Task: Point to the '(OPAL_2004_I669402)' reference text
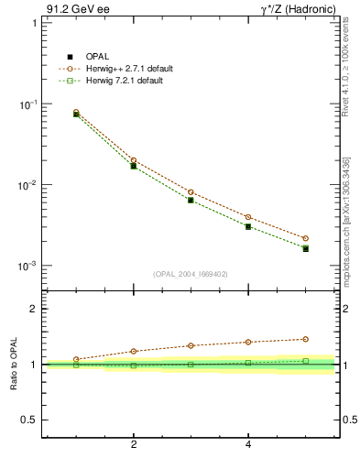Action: tap(191, 273)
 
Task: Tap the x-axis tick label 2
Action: tap(134, 445)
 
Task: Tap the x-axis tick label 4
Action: tap(248, 445)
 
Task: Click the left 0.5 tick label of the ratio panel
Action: tap(28, 420)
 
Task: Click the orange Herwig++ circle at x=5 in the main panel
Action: tap(306, 238)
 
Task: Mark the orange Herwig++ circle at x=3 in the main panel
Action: tap(191, 192)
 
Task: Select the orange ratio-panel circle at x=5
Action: tap(306, 339)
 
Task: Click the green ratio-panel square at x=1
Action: tap(76, 365)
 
